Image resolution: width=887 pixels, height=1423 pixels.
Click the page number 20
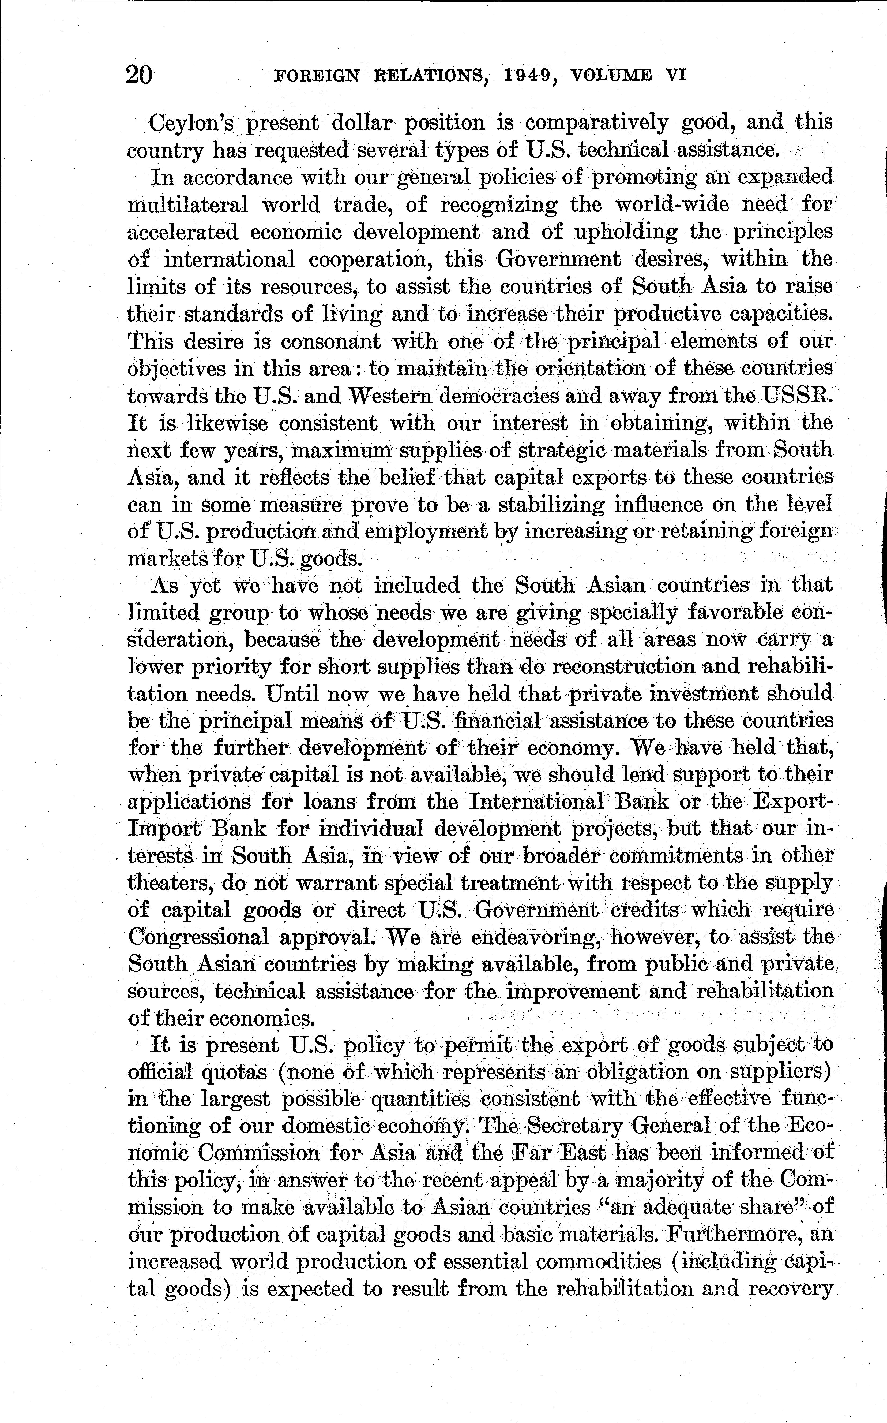(x=140, y=75)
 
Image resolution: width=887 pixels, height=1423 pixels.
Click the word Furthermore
(x=736, y=1235)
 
